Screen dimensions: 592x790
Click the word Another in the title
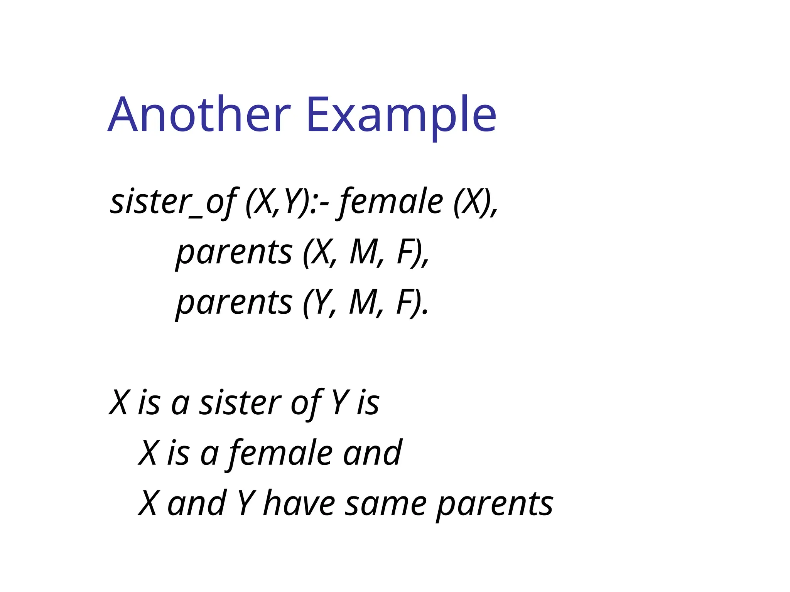199,115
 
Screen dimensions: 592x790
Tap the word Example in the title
401,115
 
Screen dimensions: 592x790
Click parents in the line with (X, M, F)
234,252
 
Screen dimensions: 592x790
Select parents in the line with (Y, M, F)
234,303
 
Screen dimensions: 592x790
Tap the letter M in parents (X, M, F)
363,252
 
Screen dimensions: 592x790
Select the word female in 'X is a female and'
280,453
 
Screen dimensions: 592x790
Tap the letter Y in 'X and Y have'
245,503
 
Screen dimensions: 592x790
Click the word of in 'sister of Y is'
306,403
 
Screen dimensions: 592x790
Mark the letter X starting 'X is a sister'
118,403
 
